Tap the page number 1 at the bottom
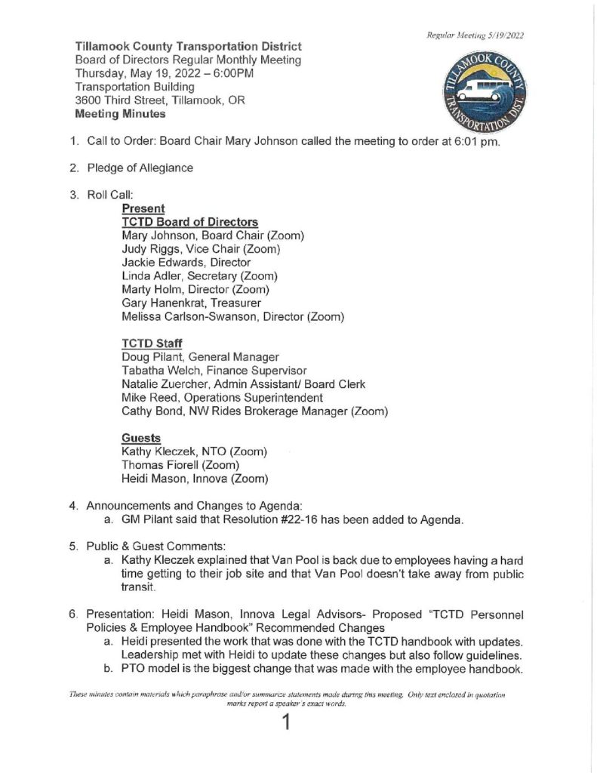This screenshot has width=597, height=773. (285, 724)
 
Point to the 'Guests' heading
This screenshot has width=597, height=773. (141, 438)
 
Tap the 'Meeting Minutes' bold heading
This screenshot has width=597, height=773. (120, 115)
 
